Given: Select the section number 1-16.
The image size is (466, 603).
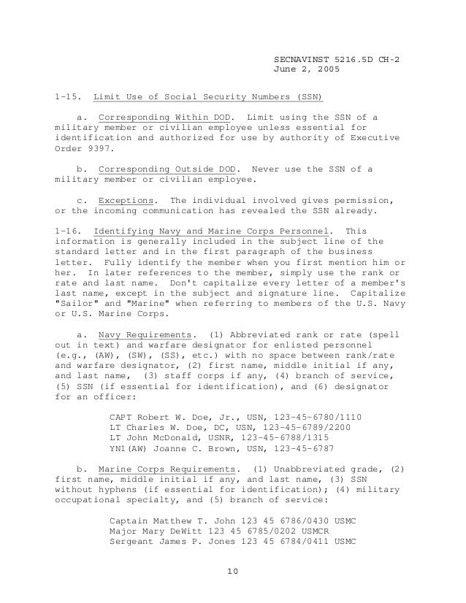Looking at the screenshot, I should pyautogui.click(x=68, y=231).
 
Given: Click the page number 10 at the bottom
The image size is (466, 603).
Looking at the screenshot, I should pyautogui.click(x=232, y=580).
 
